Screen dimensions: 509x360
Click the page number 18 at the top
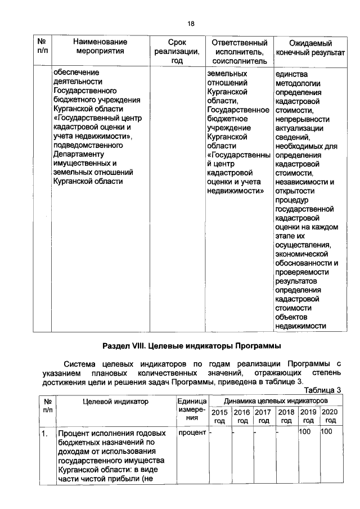pyautogui.click(x=191, y=24)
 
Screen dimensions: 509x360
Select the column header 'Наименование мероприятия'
pyautogui.click(x=100, y=47)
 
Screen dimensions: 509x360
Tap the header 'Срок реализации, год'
pyautogui.click(x=177, y=51)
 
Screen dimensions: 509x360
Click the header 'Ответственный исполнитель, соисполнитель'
pyautogui.click(x=239, y=51)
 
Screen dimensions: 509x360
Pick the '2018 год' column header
pyautogui.click(x=286, y=416)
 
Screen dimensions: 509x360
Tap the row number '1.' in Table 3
pyautogui.click(x=44, y=435)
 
